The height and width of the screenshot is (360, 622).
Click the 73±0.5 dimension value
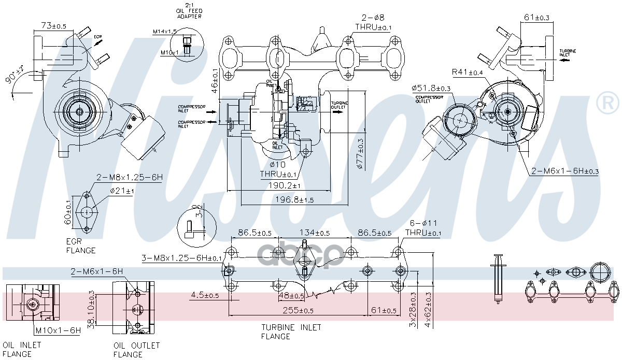click(53, 25)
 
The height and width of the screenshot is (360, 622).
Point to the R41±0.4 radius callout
click(467, 71)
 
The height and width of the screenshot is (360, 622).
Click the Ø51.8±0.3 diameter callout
click(431, 88)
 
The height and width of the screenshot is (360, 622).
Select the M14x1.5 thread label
click(165, 32)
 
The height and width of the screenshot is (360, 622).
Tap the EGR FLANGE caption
click(81, 246)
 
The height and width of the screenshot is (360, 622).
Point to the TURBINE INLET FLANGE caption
click(291, 332)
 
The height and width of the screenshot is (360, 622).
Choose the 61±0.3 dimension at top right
click(536, 18)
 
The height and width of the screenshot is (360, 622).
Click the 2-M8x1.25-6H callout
click(129, 178)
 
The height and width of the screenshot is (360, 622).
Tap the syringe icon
click(499, 277)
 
